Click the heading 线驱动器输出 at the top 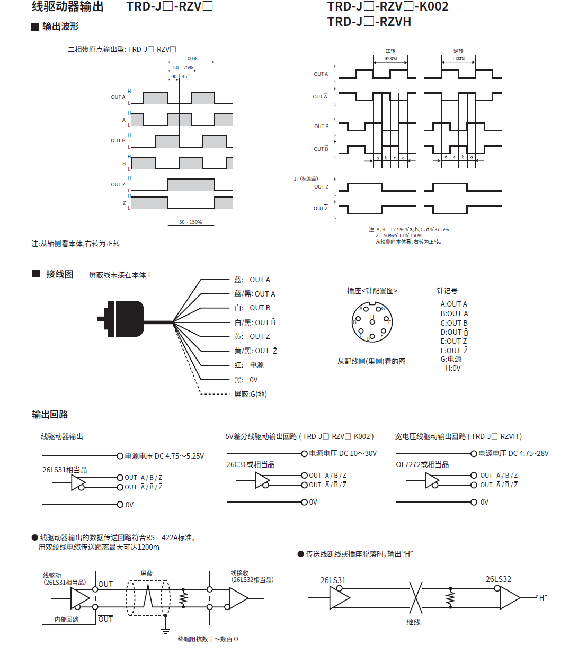pyautogui.click(x=67, y=7)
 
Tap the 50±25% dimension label pyautogui.click(x=183, y=68)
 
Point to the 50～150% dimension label pyautogui.click(x=190, y=222)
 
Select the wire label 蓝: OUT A pyautogui.click(x=252, y=280)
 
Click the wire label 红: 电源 pyautogui.click(x=249, y=365)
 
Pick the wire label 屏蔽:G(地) pyautogui.click(x=251, y=394)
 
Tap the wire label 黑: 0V pyautogui.click(x=246, y=380)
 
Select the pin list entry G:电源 pyautogui.click(x=451, y=359)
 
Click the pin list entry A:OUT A pyautogui.click(x=454, y=304)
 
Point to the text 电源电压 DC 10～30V pyautogui.click(x=343, y=453)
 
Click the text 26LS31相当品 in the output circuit pyautogui.click(x=65, y=470)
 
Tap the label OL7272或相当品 pyautogui.click(x=422, y=464)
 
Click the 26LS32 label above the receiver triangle pyautogui.click(x=498, y=579)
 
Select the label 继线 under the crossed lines pyautogui.click(x=413, y=622)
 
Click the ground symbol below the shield pyautogui.click(x=166, y=630)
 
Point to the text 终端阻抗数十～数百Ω pyautogui.click(x=208, y=639)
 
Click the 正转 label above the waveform pyautogui.click(x=390, y=51)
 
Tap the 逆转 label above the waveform pyautogui.click(x=458, y=51)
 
